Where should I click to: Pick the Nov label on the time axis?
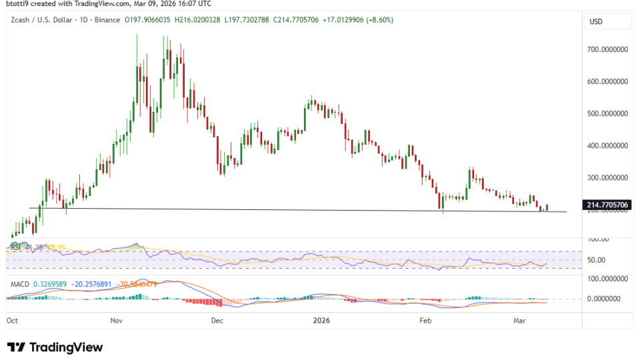117,320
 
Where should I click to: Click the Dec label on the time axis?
216,320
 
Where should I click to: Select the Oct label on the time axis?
12,320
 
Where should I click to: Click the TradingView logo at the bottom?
55,347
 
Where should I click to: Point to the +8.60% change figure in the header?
378,20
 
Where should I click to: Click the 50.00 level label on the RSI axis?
598,260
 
